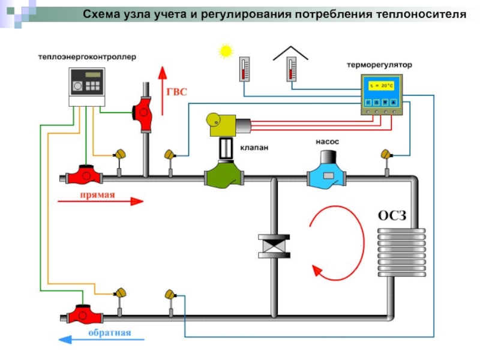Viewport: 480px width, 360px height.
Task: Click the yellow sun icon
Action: (226, 51)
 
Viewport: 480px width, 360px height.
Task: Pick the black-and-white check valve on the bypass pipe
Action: (274, 246)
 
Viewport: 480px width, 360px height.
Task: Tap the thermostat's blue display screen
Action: (381, 86)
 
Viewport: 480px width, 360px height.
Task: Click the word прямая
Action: (94, 194)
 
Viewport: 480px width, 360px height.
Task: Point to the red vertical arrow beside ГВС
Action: (161, 90)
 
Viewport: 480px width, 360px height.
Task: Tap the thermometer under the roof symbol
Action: (291, 69)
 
